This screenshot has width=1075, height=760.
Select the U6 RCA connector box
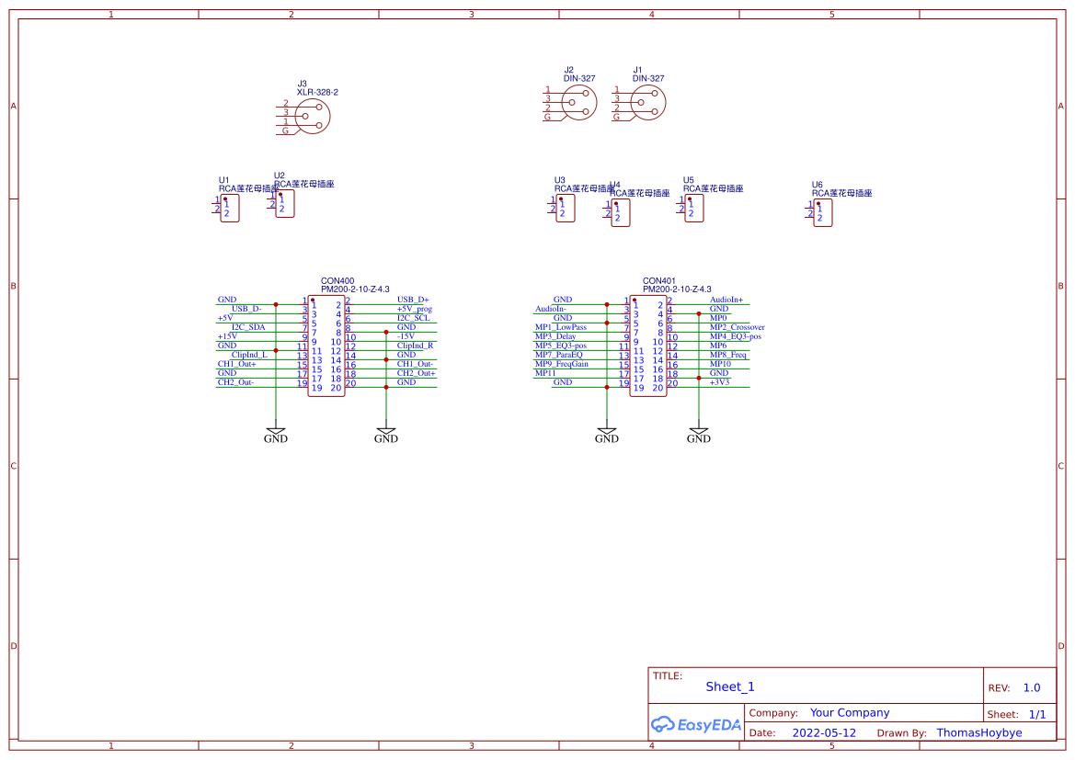(x=823, y=213)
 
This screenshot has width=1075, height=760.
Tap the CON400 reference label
(x=337, y=280)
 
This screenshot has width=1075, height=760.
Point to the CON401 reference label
(x=658, y=280)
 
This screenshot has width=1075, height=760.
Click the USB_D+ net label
(x=413, y=300)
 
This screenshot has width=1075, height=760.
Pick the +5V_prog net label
(x=414, y=309)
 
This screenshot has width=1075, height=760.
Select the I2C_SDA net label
(x=248, y=327)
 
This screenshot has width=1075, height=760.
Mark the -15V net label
(x=406, y=336)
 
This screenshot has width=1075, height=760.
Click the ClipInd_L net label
(x=249, y=355)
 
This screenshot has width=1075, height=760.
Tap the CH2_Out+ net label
(x=416, y=373)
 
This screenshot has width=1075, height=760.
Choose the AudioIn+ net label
(x=726, y=300)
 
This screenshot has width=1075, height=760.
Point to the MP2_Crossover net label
(x=737, y=327)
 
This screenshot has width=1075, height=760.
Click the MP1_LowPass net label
(x=560, y=327)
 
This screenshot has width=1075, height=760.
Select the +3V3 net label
(x=719, y=382)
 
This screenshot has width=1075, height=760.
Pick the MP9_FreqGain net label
(x=561, y=364)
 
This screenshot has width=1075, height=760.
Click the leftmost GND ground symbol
(x=276, y=433)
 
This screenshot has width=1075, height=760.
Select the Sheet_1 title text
(x=730, y=686)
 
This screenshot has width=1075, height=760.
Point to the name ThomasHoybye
(x=979, y=733)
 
